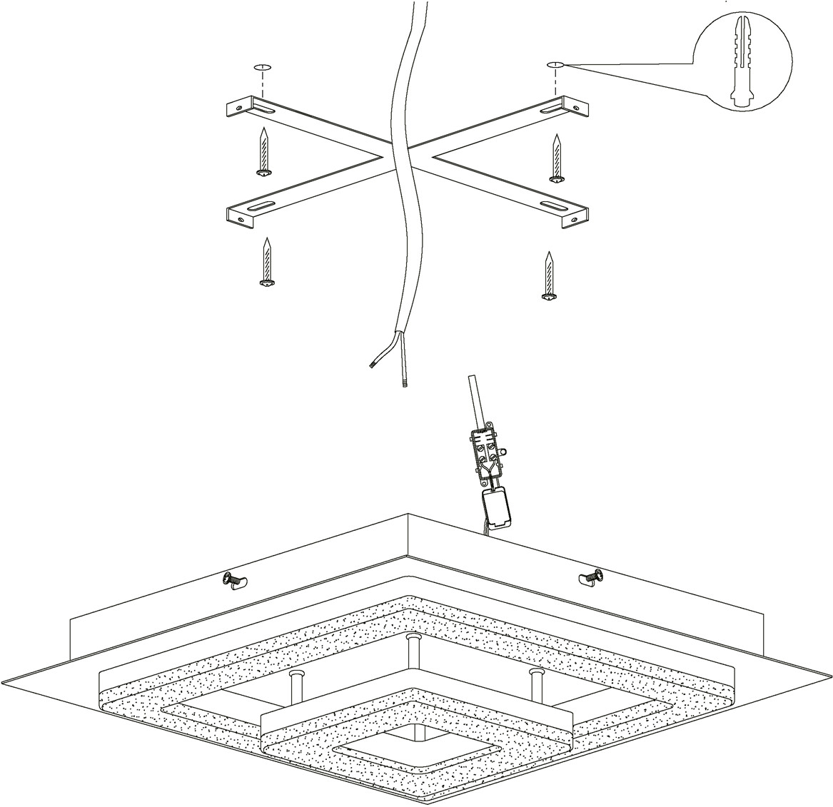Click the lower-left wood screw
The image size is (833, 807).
click(268, 263)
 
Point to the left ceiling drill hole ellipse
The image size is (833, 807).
click(262, 67)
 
